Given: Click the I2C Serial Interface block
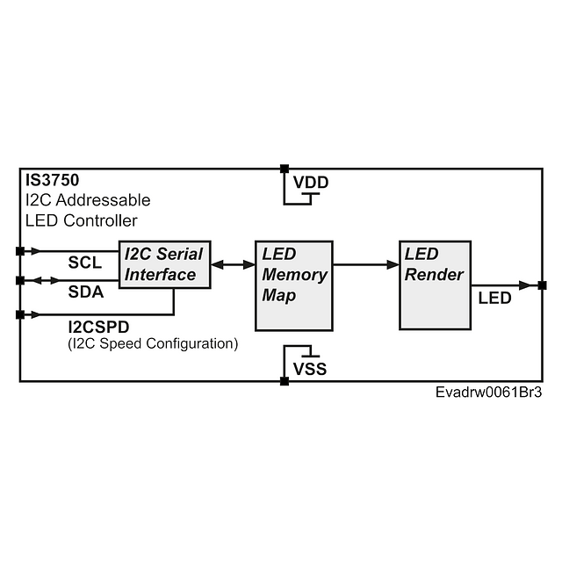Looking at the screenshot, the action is click(164, 264).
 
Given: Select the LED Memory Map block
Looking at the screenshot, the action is click(294, 285).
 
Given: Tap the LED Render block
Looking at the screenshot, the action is click(436, 285).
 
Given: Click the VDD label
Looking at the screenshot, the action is click(311, 183).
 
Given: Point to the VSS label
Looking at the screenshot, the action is click(310, 369).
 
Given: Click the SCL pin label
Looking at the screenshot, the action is click(85, 263).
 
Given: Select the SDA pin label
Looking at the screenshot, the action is click(86, 292).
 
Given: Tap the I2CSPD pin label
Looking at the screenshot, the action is click(98, 327).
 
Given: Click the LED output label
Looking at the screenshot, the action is click(494, 299).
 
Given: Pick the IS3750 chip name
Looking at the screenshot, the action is click(53, 180).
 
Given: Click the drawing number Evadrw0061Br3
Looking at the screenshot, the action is click(488, 393).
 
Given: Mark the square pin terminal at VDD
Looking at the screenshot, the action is click(285, 169).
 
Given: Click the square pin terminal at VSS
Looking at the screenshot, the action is click(285, 381).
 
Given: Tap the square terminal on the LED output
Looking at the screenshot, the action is click(543, 285).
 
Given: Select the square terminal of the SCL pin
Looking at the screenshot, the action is click(20, 251).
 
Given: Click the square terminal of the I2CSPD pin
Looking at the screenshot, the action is click(20, 314).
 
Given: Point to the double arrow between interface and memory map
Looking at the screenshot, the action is click(233, 265).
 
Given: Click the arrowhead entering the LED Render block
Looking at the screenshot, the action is click(393, 265).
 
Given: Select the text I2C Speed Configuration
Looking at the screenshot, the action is click(153, 343).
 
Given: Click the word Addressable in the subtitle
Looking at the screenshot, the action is click(104, 200).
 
